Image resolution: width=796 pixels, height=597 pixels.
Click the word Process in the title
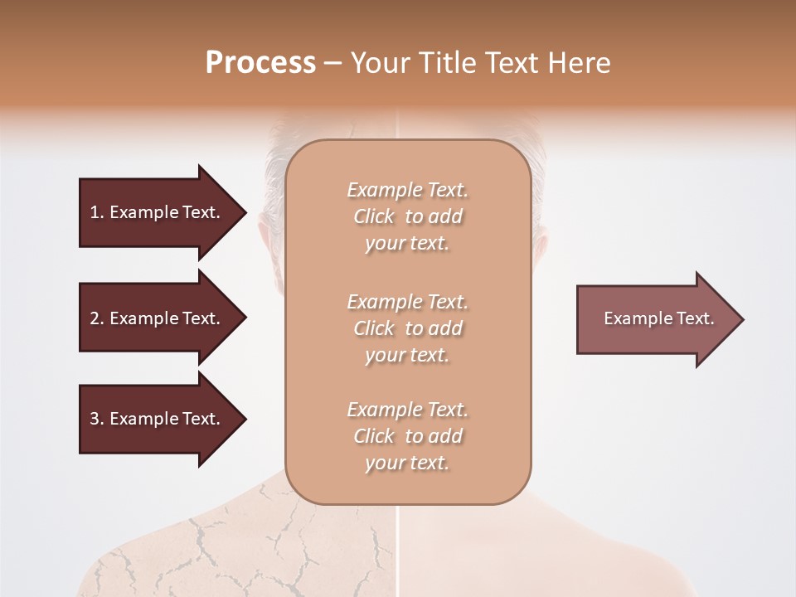click(x=260, y=63)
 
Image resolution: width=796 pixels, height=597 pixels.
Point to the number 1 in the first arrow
click(x=95, y=212)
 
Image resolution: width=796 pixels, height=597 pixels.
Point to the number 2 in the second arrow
click(x=95, y=318)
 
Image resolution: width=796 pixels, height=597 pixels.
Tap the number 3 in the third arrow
click(x=95, y=419)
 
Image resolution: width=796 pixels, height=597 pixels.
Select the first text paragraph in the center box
click(x=407, y=216)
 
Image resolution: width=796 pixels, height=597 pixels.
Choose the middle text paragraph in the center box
click(x=407, y=328)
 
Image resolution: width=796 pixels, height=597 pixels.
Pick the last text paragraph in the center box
click(x=407, y=436)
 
